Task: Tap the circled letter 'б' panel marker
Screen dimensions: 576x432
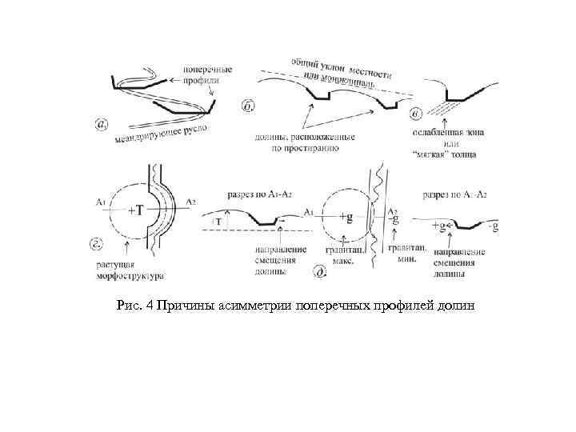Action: (x=248, y=104)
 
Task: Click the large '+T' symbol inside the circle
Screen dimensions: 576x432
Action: (x=136, y=210)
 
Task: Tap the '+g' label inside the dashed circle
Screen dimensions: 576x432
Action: (x=346, y=216)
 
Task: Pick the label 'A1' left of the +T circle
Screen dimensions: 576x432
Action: (x=98, y=201)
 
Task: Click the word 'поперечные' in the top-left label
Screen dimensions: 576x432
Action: (x=207, y=69)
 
